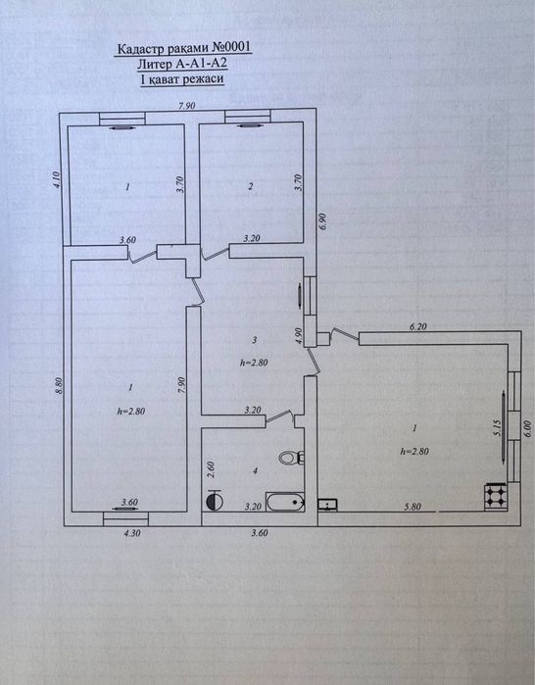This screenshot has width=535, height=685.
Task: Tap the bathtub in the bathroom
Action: pos(285,502)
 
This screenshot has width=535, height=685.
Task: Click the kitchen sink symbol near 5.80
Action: pos(328,505)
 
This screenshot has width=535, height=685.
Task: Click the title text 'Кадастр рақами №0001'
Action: pos(183,47)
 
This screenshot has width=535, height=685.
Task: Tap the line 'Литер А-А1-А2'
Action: pos(182,64)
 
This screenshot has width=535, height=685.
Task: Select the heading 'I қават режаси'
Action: pos(182,79)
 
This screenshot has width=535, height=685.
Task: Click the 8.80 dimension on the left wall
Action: pos(61,385)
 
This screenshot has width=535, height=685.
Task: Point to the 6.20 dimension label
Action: pos(417,326)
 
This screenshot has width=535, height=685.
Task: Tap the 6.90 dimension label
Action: pos(323,221)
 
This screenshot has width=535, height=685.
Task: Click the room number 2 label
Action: pos(250,186)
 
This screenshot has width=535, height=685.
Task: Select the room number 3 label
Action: pos(254,340)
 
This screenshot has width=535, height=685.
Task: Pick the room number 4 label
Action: pos(255,470)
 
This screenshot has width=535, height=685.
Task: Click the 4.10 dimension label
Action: pos(57,180)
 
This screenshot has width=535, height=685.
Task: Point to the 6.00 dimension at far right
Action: pos(526,428)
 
